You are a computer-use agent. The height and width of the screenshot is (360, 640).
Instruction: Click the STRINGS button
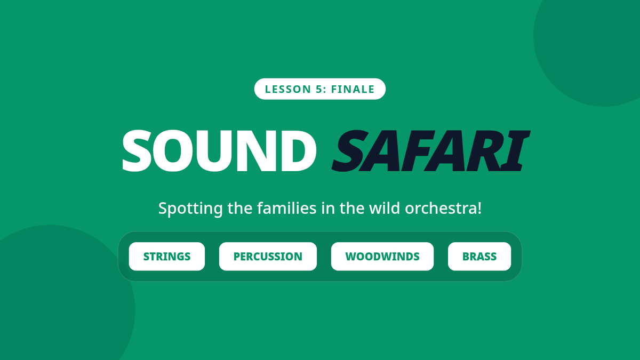pos(167,257)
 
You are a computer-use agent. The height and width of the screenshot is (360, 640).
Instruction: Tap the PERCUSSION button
pos(268,257)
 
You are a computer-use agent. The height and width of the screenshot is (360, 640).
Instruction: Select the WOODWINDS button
pos(382,257)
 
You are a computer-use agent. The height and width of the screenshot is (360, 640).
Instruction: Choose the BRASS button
pos(479,257)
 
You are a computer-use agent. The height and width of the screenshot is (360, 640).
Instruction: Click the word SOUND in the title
pos(219,151)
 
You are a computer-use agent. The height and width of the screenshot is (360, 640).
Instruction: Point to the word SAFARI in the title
pos(431,151)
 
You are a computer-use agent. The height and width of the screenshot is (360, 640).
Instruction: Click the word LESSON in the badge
pos(287,89)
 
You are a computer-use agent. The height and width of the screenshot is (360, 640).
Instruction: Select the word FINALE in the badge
pos(353,89)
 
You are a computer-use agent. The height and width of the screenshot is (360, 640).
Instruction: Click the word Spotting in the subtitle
pos(190,209)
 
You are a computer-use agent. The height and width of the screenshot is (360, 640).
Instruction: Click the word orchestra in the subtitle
pos(441,209)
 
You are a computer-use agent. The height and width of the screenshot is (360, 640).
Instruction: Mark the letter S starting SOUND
pos(137,151)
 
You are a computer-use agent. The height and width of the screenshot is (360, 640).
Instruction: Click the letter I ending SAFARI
pos(516,151)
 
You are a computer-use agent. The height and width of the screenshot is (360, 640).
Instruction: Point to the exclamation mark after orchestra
pos(479,208)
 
